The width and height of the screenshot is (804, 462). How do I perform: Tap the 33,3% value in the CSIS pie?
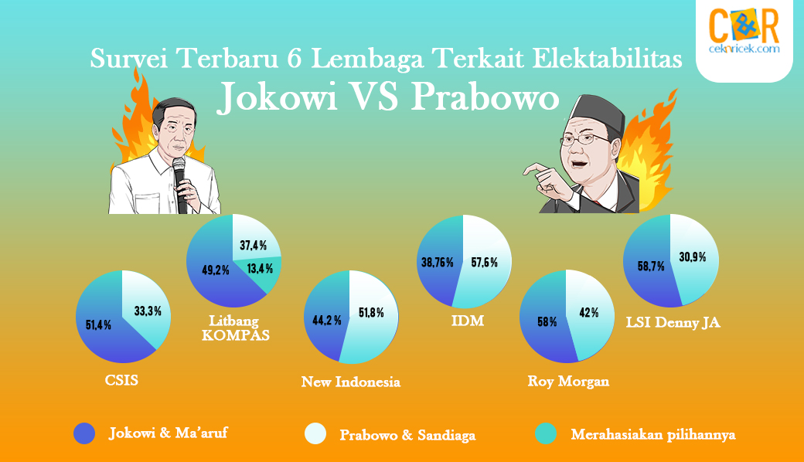pos(148,311)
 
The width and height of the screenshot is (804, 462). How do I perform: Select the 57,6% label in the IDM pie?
pos(485,263)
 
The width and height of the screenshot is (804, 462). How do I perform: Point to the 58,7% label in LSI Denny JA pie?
pos(651,267)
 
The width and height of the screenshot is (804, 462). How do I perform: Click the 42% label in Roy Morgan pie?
pos(588,312)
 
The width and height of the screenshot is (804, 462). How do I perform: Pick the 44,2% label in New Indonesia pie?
pos(327,321)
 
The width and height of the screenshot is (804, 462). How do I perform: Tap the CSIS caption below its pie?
pos(121,380)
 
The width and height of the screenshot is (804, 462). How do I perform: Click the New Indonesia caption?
pos(351,382)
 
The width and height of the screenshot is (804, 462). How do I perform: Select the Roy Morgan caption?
pos(569,382)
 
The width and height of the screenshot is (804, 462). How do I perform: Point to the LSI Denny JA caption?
pos(673,323)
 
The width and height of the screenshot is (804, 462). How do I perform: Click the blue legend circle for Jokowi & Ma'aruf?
pos(84,433)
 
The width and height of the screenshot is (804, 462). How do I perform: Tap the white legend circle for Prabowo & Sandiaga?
pos(315,433)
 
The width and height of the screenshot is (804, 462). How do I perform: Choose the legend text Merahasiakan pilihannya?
pos(653,435)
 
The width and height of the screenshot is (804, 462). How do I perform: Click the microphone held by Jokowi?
pos(180,185)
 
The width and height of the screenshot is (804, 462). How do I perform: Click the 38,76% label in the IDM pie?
pos(438,263)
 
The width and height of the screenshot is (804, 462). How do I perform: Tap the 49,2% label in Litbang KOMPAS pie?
pos(216,270)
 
